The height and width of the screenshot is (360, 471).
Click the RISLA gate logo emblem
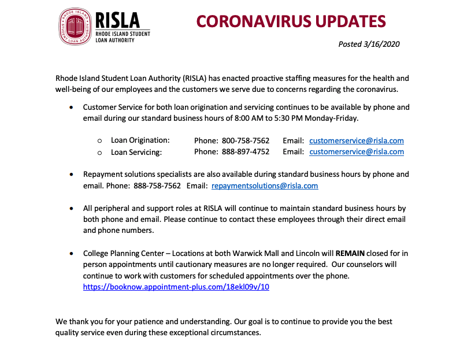pyautogui.click(x=75, y=27)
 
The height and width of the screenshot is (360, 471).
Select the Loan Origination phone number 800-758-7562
pyautogui.click(x=245, y=140)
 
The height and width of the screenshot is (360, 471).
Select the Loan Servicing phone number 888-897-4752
pyautogui.click(x=245, y=152)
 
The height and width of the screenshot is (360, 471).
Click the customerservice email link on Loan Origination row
pyautogui.click(x=356, y=140)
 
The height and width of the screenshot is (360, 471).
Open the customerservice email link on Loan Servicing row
pyautogui.click(x=356, y=152)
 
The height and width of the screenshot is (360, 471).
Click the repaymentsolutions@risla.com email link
pyautogui.click(x=265, y=185)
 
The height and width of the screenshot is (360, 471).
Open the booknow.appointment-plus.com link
pyautogui.click(x=176, y=287)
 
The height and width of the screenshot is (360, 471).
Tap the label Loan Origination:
pyautogui.click(x=140, y=140)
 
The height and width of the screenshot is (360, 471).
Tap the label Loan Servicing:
pyautogui.click(x=136, y=152)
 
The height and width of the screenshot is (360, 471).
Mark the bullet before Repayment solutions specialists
pyautogui.click(x=71, y=175)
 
